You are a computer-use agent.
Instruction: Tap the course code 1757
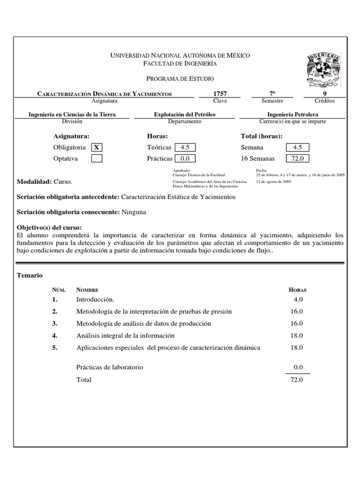point(220,94)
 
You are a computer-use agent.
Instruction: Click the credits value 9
point(324,94)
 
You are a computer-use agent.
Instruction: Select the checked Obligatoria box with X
point(97,147)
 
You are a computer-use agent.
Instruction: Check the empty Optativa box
point(97,158)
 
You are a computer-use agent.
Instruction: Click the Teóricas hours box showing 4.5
point(184,147)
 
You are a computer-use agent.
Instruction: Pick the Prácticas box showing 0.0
point(184,158)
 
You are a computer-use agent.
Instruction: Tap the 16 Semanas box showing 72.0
point(297,158)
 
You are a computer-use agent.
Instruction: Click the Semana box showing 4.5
point(297,147)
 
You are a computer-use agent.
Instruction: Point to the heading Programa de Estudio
point(180,79)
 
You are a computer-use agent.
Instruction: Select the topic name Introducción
point(95,299)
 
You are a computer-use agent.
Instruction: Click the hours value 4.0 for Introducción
point(298,299)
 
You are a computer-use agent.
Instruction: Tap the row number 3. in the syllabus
point(55,323)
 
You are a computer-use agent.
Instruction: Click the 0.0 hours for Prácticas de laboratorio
point(298,367)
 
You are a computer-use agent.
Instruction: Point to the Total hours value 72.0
point(297,380)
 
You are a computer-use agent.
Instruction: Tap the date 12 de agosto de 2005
point(274,181)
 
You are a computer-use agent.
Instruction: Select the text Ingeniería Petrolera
point(292,114)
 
